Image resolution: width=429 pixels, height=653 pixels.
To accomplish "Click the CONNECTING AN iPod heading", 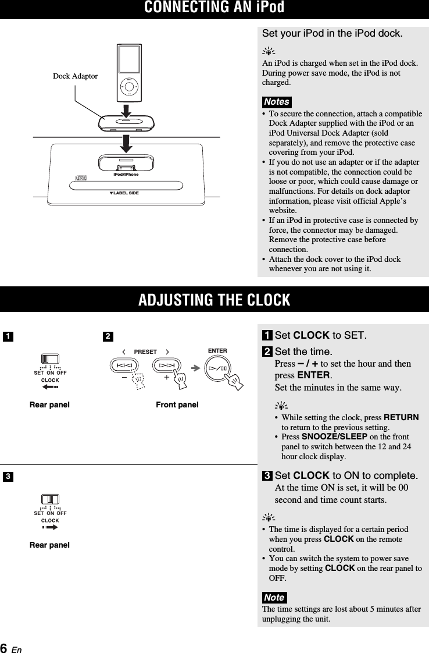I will [214, 8].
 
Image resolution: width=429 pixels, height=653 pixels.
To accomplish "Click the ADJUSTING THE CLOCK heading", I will [214, 300].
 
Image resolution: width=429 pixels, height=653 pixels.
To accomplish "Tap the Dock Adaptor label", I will [75, 76].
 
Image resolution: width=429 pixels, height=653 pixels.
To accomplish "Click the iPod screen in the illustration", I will [129, 60].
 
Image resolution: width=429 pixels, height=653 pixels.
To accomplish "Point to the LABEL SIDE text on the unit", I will [126, 193].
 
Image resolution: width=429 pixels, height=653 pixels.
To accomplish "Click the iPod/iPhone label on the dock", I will [126, 174].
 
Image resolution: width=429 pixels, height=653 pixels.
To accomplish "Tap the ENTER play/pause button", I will [218, 367].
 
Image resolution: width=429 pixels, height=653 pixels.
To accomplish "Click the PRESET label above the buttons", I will [145, 352].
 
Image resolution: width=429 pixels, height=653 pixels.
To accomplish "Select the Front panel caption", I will [177, 404].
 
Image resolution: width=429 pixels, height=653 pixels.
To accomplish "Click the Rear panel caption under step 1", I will [49, 404].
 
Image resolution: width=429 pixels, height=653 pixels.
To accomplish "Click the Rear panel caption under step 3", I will [49, 545].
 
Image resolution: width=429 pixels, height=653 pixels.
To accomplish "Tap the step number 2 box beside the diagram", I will [108, 336].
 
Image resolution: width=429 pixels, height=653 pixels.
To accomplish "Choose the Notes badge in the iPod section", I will [276, 101].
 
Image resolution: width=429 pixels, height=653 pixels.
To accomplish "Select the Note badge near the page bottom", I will [274, 598].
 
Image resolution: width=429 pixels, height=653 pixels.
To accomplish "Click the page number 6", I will [4, 648].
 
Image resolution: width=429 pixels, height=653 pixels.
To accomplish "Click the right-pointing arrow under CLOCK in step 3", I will [51, 527].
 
